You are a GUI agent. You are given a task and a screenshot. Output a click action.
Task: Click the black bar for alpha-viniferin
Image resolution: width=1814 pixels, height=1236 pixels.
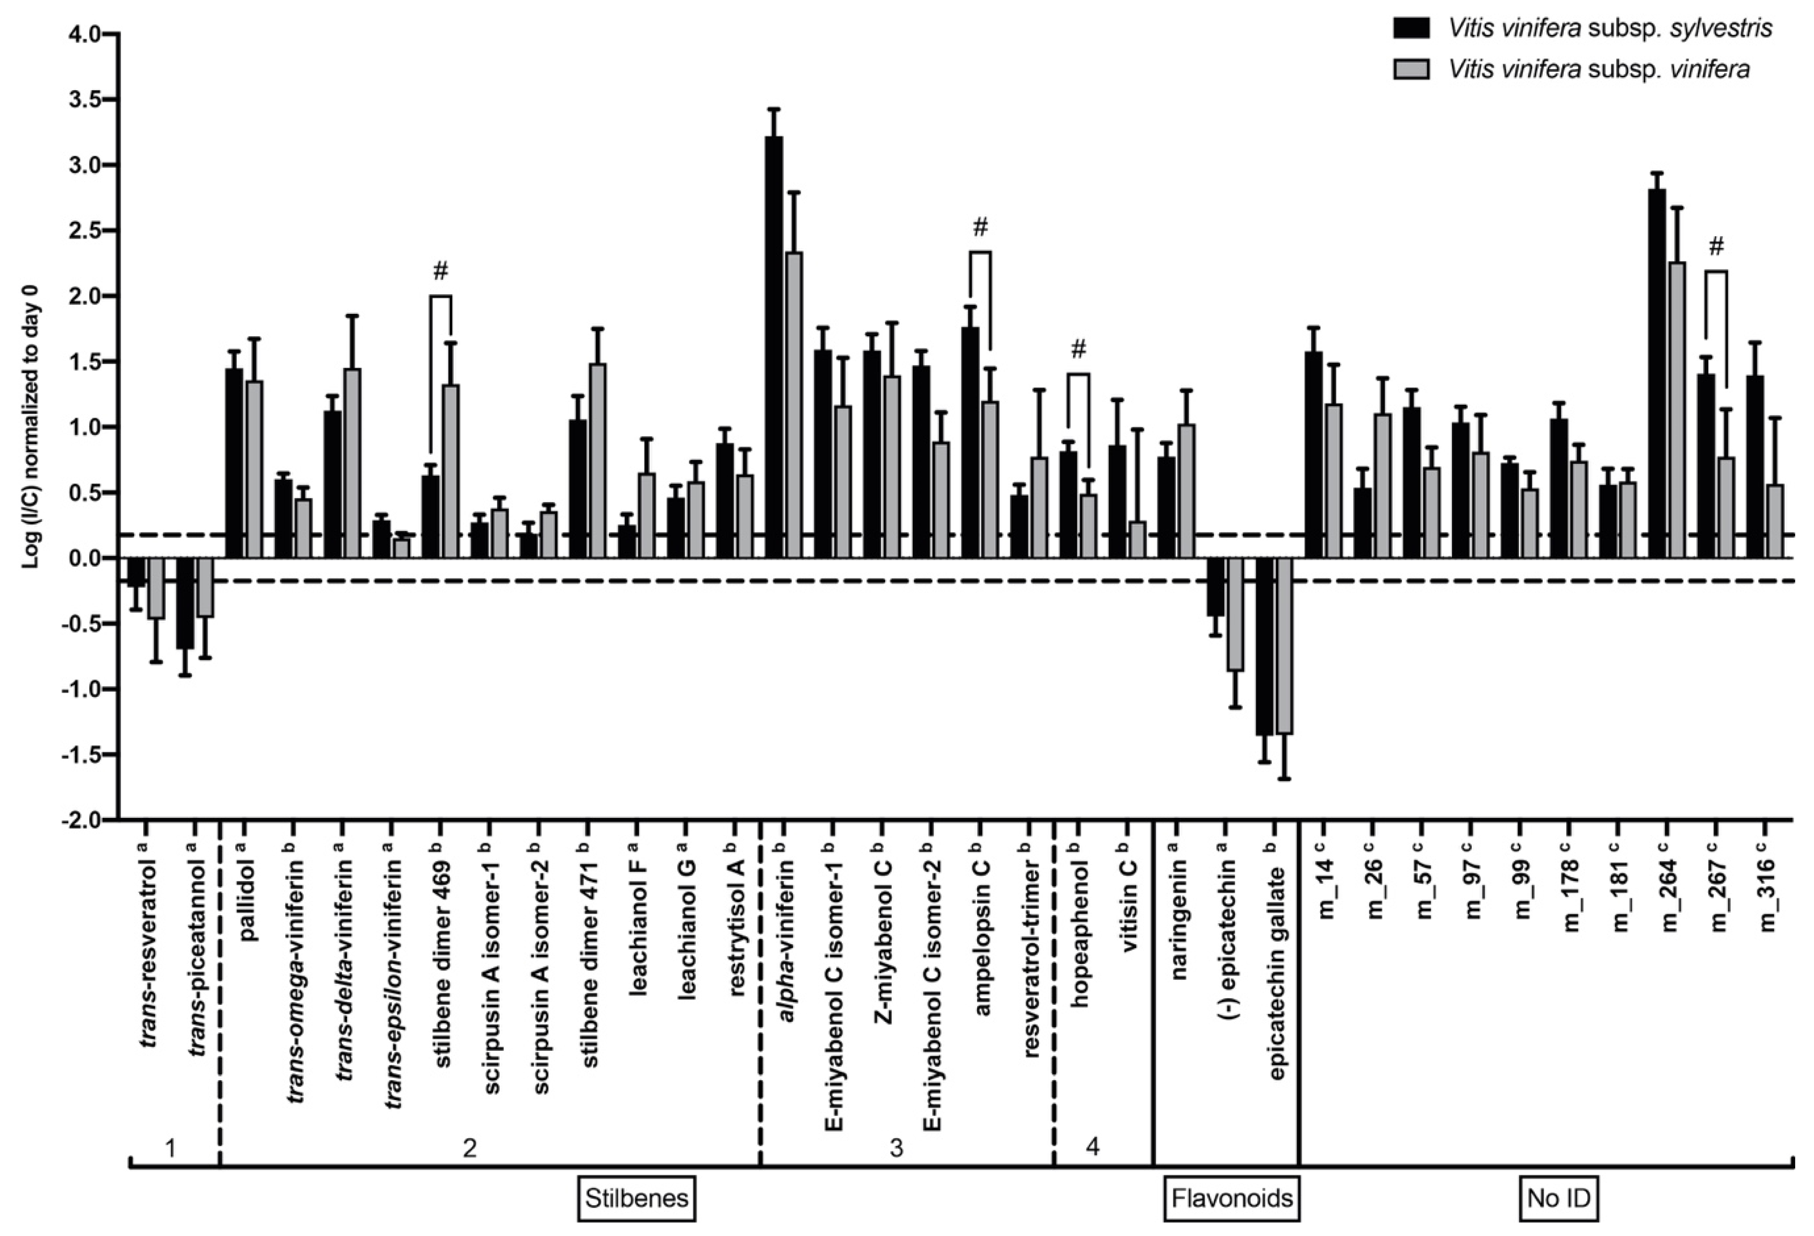pyautogui.click(x=774, y=347)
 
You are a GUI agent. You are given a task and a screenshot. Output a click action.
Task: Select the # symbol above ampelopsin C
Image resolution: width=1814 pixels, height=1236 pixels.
pyautogui.click(x=981, y=227)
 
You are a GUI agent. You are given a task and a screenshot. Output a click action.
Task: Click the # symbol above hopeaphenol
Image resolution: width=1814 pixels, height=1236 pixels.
pyautogui.click(x=1078, y=349)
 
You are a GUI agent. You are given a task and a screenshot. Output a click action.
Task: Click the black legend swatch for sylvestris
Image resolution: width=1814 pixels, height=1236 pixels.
pyautogui.click(x=1411, y=28)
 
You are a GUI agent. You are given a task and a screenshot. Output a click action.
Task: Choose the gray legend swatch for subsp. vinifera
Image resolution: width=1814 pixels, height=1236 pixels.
pyautogui.click(x=1411, y=69)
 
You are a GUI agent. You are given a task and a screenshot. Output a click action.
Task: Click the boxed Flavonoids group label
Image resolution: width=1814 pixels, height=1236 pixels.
pyautogui.click(x=1232, y=1198)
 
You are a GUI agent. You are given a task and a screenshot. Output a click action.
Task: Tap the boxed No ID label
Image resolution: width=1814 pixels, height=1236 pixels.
pyautogui.click(x=1559, y=1198)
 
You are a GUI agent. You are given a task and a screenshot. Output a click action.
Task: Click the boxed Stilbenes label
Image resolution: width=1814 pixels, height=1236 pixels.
pyautogui.click(x=637, y=1198)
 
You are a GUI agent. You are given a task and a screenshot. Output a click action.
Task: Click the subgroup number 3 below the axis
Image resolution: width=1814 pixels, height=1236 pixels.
pyautogui.click(x=897, y=1147)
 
